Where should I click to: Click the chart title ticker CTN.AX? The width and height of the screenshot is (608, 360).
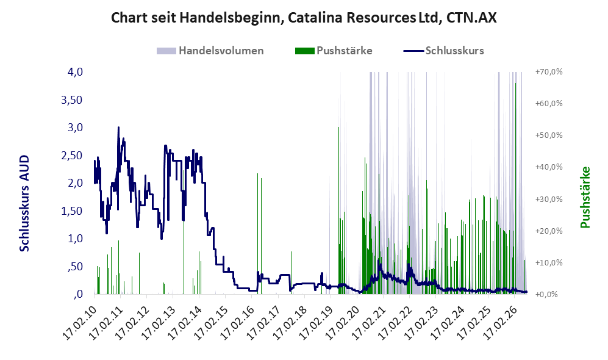471,18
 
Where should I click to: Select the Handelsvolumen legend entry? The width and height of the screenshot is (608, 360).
210,51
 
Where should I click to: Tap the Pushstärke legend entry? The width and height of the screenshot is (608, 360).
334,51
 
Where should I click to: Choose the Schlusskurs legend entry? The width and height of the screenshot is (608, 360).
443,51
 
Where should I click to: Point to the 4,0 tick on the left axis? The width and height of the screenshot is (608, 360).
75,72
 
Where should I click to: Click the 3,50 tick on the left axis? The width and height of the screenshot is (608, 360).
72,100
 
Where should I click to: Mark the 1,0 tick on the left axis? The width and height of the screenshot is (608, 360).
75,239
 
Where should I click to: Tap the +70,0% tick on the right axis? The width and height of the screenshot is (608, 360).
549,72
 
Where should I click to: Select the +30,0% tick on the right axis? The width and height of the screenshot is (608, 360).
549,199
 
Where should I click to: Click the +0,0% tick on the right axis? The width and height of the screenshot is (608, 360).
547,295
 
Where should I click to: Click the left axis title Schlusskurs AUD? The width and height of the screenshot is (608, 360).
24,203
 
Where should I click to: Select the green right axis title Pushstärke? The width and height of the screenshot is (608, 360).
585,197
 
